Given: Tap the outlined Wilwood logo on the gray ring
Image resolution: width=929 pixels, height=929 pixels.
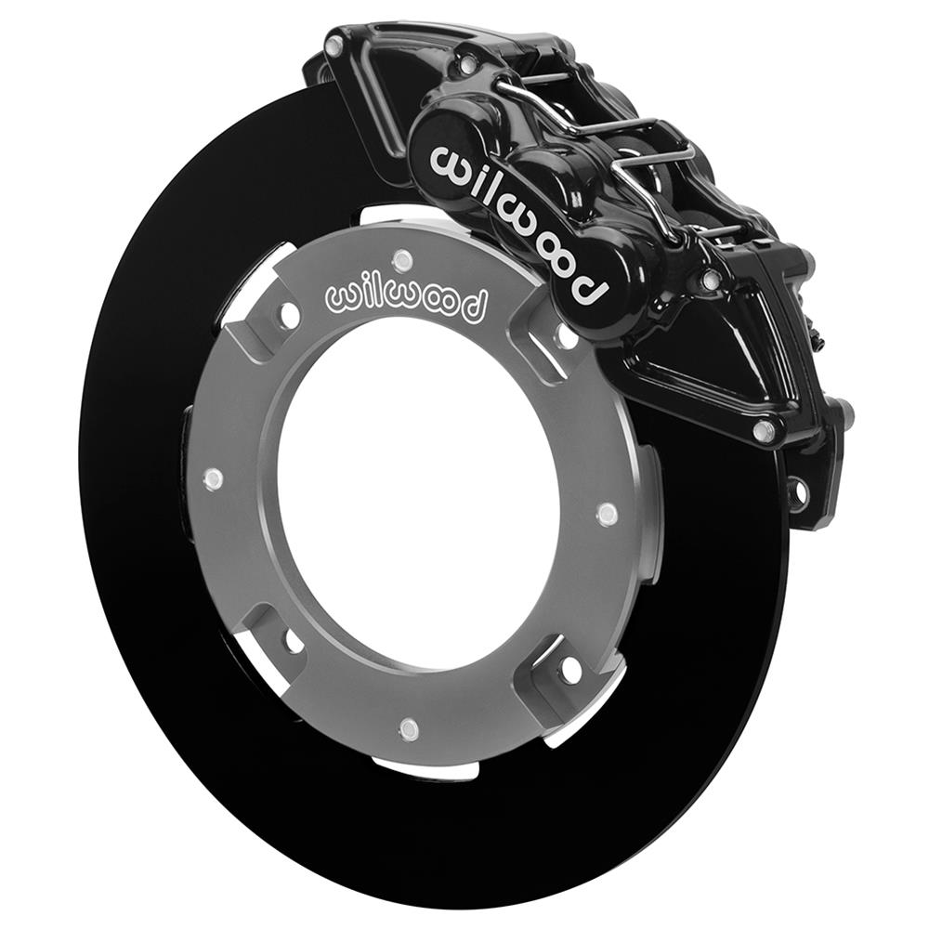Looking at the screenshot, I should [406, 299].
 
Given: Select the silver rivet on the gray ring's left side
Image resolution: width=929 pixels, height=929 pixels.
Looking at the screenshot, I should [213, 479].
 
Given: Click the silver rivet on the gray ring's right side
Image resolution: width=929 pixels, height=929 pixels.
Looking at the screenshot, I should [607, 514].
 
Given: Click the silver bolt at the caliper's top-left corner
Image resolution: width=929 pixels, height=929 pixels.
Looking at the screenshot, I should [334, 43].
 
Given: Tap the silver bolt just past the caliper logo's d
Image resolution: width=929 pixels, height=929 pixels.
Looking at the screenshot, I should [709, 280].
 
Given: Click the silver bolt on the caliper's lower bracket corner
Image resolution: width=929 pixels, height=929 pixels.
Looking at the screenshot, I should [765, 430].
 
